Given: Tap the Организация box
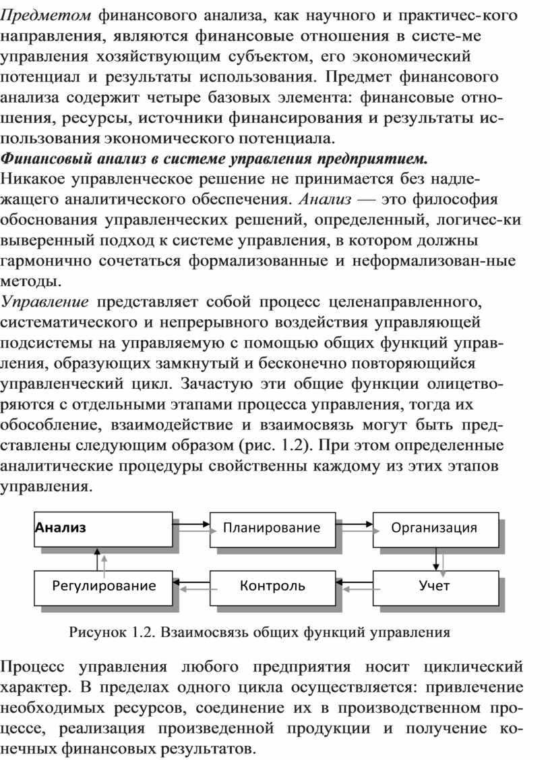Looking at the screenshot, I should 434,528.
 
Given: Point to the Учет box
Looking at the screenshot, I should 434,586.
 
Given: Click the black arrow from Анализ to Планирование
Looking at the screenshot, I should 191,523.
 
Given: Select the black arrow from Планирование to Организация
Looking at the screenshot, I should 355,523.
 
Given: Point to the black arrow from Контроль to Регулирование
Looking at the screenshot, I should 191,580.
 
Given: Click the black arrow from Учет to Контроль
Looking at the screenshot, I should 355,580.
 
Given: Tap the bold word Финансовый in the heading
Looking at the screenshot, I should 42,161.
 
